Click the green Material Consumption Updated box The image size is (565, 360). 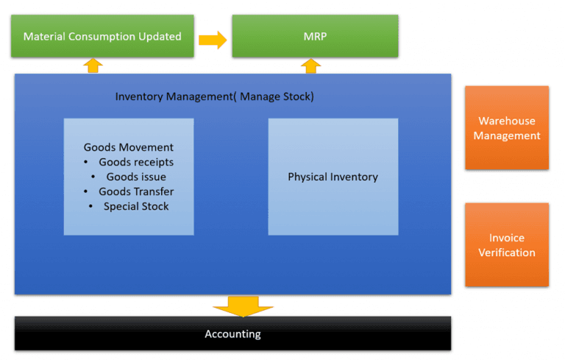click(102, 36)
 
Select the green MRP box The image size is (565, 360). click(315, 36)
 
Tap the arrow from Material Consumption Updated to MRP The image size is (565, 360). click(213, 40)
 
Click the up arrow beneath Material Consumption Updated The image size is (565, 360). click(93, 66)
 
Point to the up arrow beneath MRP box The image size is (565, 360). click(311, 66)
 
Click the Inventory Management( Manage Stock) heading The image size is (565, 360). click(214, 96)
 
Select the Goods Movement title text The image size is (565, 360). click(129, 147)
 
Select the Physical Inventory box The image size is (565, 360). click(333, 177)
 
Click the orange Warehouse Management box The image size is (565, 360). click(506, 128)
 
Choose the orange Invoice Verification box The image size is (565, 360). click(506, 245)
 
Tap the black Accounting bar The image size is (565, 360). click(232, 334)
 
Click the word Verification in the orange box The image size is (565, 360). click(506, 253)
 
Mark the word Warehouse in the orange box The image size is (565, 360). click(506, 121)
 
